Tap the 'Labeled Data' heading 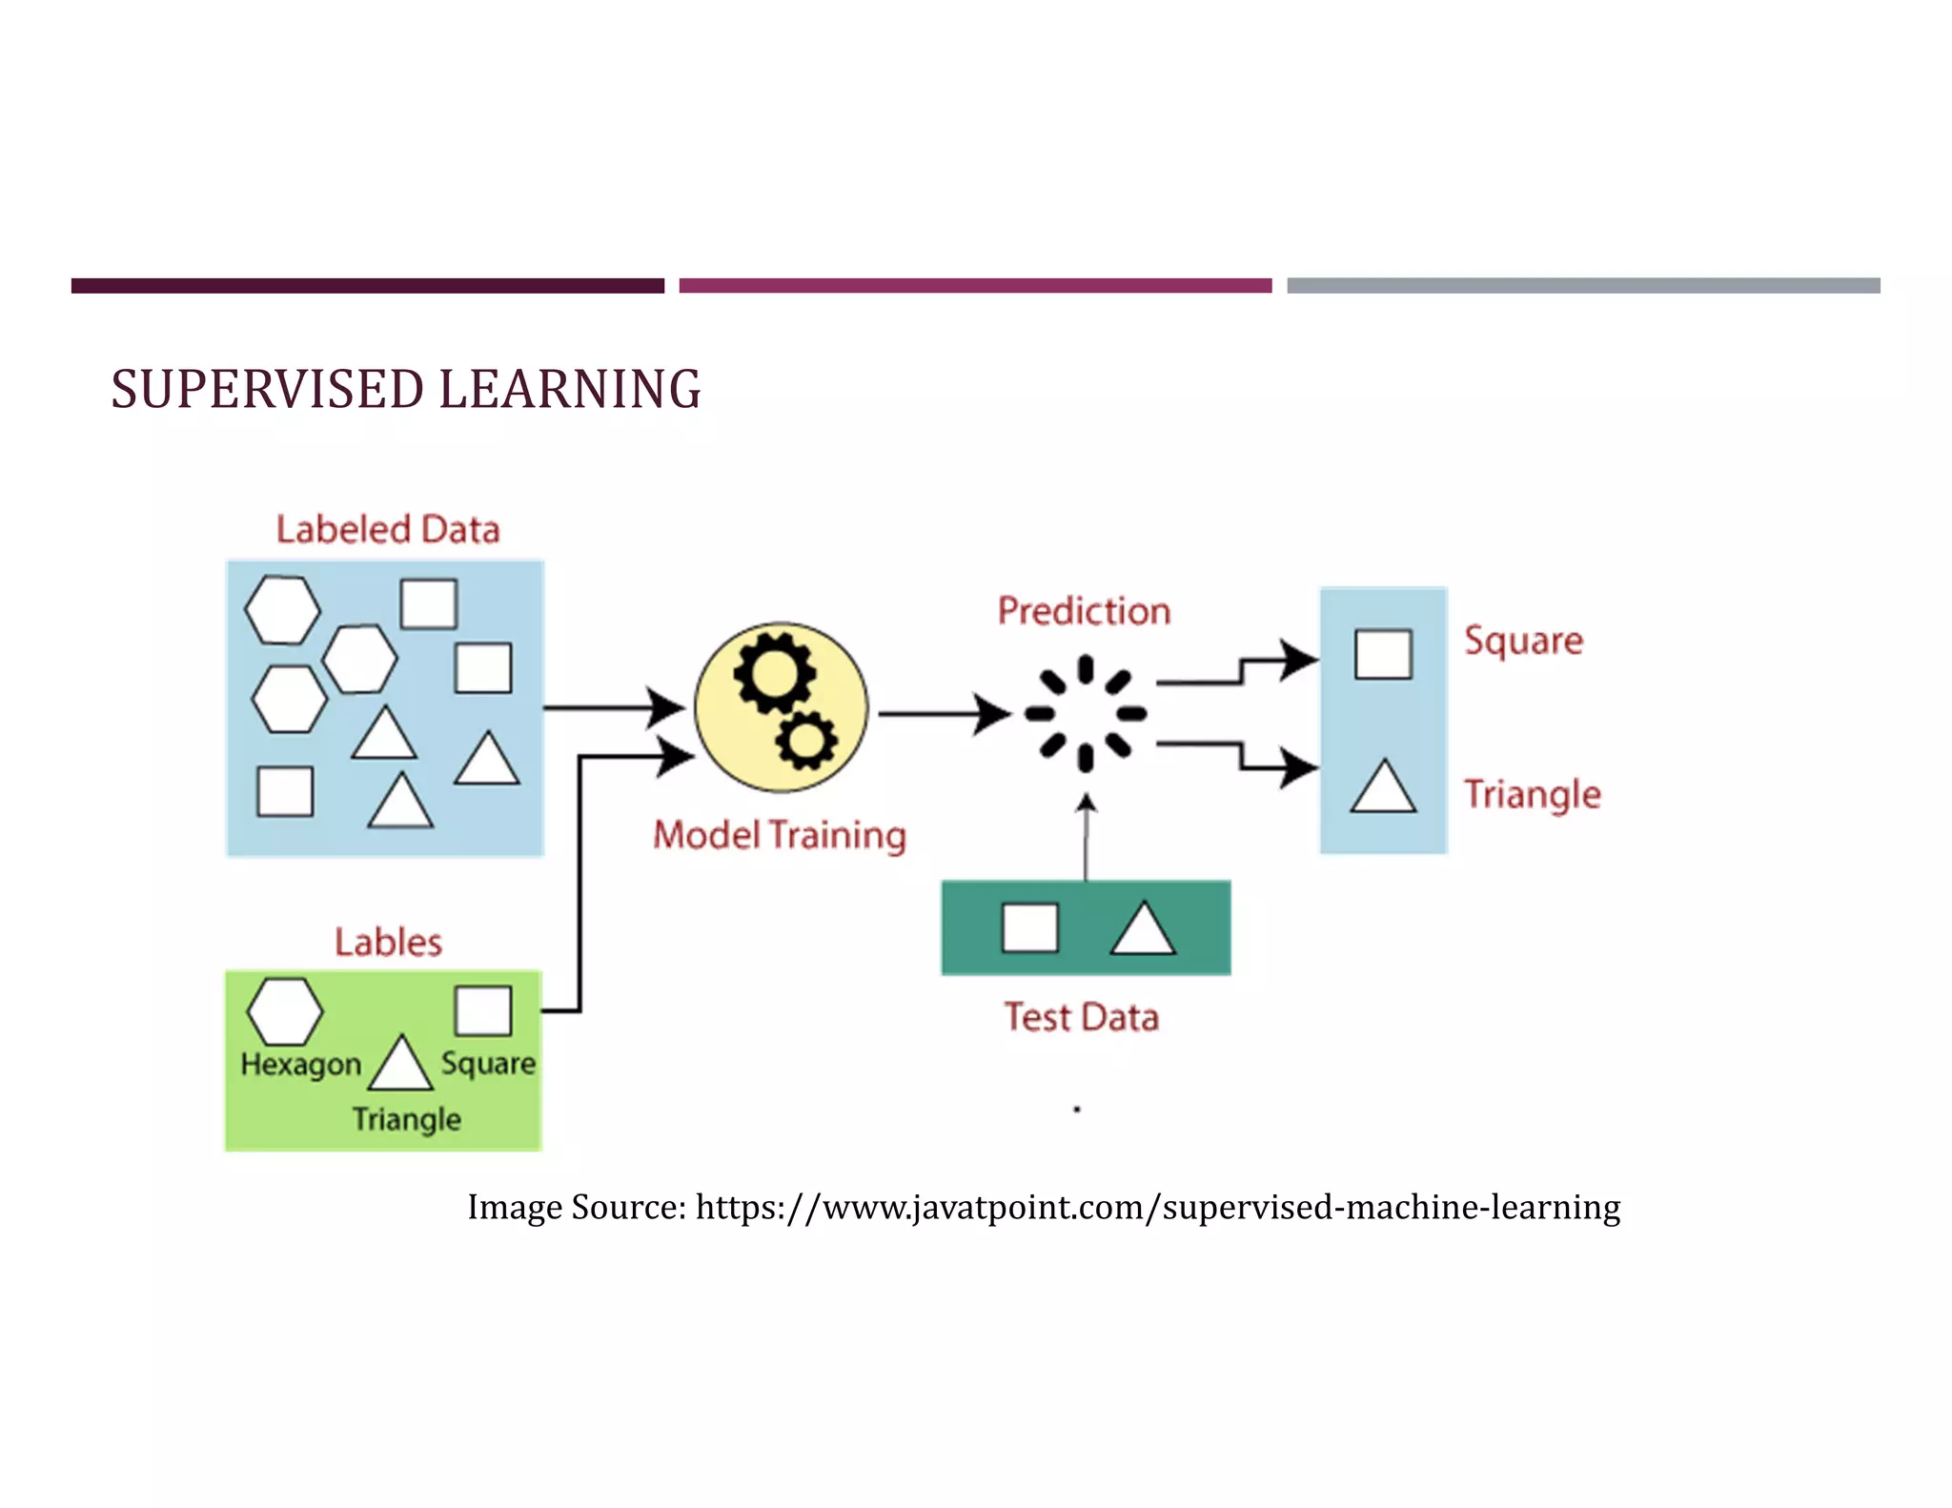(x=388, y=529)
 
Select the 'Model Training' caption (x=779, y=835)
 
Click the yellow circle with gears (x=781, y=706)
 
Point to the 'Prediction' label (x=1084, y=611)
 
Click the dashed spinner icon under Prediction (x=1085, y=713)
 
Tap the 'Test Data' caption (x=1082, y=1017)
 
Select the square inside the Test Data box (x=1029, y=927)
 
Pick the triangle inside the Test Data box (x=1143, y=929)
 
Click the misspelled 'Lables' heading (x=388, y=942)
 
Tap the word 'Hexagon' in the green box (x=300, y=1064)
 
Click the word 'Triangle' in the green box (x=407, y=1118)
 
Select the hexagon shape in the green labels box (x=285, y=1011)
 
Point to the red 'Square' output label (x=1523, y=641)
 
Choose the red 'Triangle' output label (x=1532, y=794)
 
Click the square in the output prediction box (x=1383, y=654)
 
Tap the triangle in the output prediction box (x=1383, y=787)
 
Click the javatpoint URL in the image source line (x=1157, y=1207)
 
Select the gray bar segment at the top (x=1583, y=285)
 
